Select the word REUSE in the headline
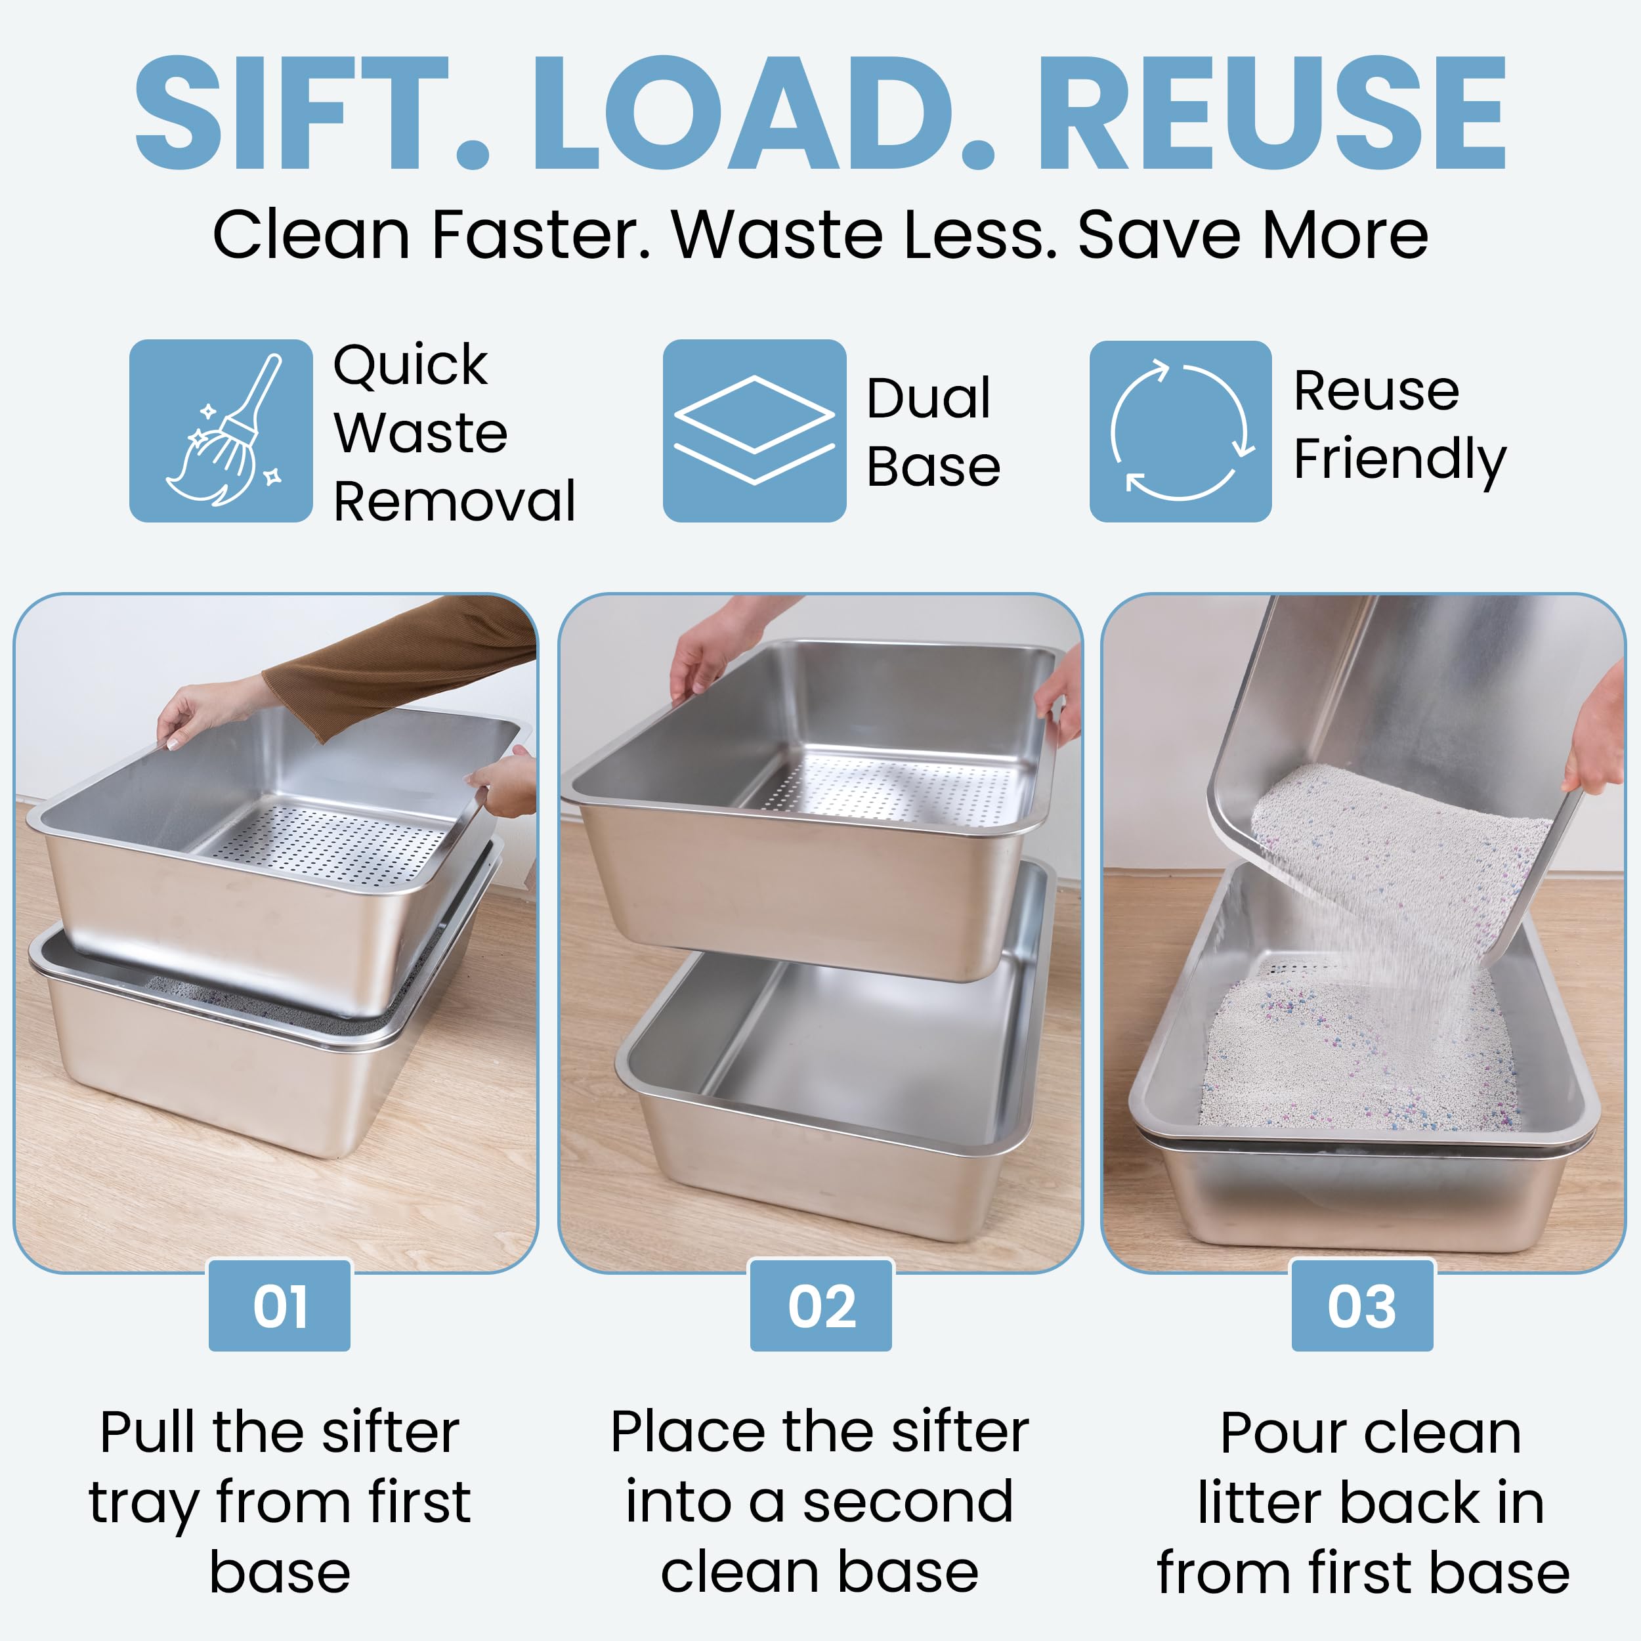1271,112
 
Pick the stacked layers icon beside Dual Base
754,431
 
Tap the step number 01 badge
280,1306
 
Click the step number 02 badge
820,1306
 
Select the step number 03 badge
1363,1306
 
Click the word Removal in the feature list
454,501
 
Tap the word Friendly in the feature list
1400,460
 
